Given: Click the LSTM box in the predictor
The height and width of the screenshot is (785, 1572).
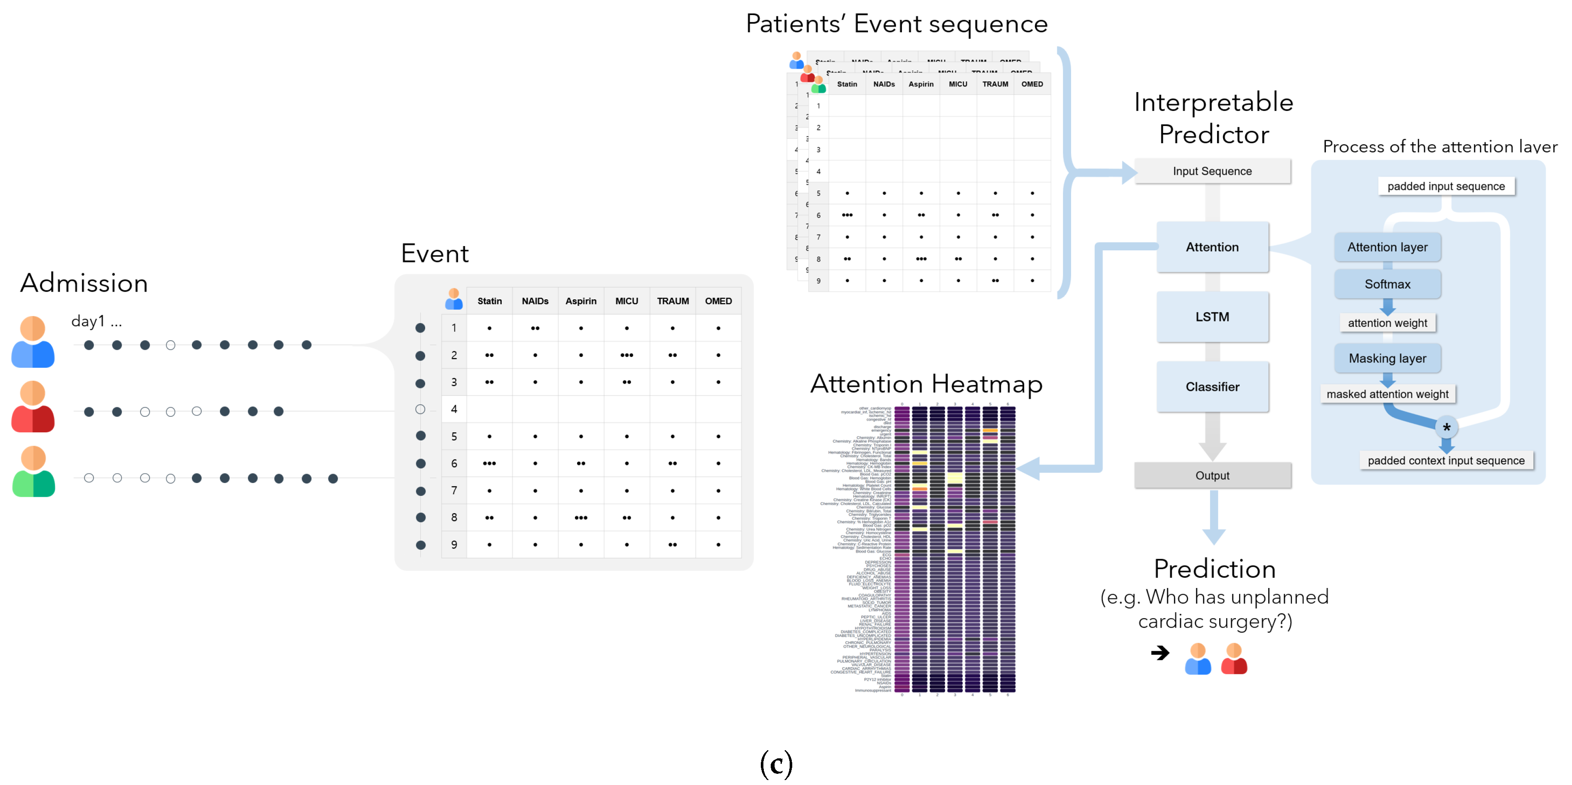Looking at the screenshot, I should click(x=1211, y=317).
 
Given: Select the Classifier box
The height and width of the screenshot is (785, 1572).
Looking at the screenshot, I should click(x=1211, y=387).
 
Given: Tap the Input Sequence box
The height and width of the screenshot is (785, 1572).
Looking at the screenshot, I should click(x=1211, y=171).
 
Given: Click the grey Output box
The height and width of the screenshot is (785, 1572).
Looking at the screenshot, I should click(x=1212, y=475).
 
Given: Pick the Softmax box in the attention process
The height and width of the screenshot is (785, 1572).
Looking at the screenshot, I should click(x=1387, y=284).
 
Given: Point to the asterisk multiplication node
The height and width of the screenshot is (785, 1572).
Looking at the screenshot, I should click(x=1445, y=428).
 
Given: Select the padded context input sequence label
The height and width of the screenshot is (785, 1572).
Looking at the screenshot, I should click(x=1445, y=461).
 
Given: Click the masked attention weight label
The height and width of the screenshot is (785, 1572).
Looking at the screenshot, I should click(x=1387, y=394).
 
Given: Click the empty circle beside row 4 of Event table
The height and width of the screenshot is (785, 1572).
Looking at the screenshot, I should click(x=420, y=409).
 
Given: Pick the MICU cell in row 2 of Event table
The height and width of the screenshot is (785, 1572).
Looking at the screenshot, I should click(x=626, y=355).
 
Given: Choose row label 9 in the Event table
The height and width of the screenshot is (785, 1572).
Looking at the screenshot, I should click(x=454, y=545).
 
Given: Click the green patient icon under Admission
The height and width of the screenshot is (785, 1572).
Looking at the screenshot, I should click(x=34, y=473).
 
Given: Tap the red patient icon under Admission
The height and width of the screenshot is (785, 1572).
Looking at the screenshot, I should click(x=33, y=407).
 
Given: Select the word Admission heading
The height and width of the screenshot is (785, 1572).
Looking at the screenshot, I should click(x=84, y=283).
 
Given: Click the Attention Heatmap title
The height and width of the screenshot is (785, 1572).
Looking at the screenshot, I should click(x=926, y=384).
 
